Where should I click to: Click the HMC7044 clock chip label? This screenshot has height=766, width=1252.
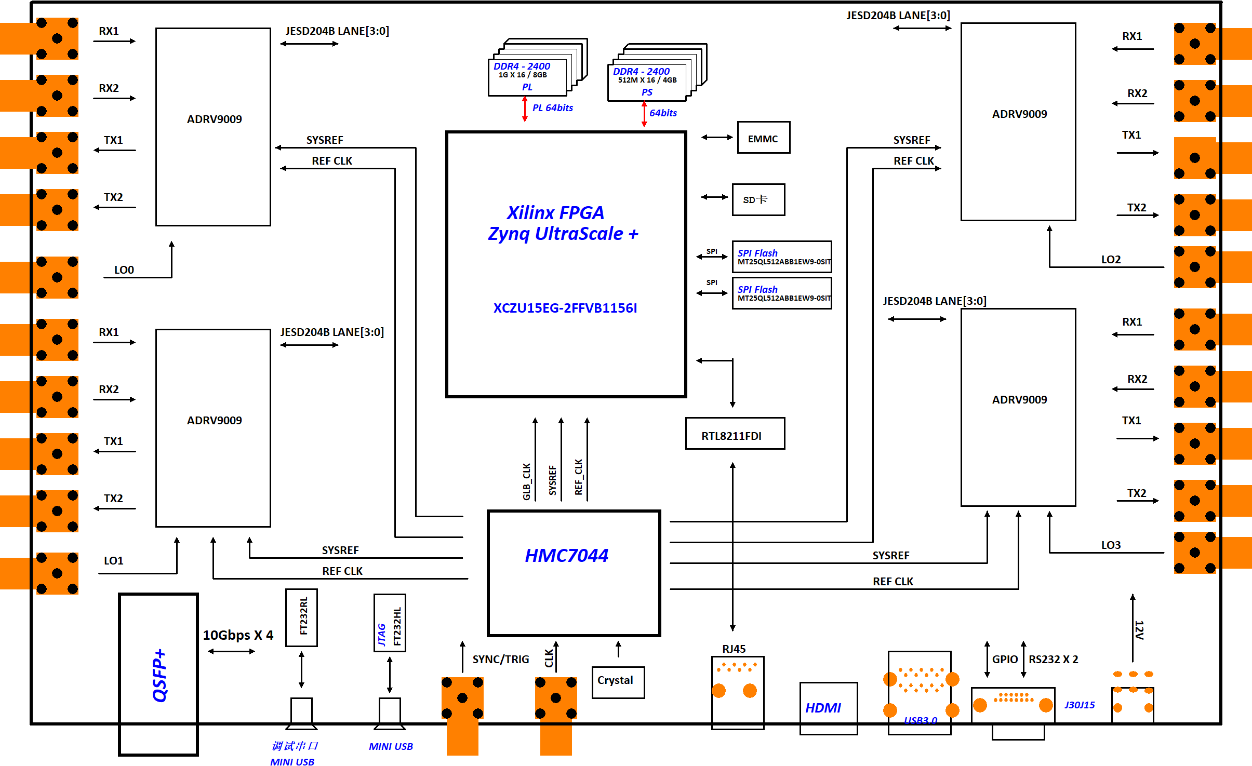pos(566,556)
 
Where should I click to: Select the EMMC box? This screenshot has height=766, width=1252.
pos(763,138)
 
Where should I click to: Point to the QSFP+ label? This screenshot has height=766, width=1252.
pos(159,675)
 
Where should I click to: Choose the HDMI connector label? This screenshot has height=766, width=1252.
pos(823,708)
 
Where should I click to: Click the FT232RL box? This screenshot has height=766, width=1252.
pos(301,617)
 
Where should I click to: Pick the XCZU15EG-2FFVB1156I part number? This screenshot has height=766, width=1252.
pos(565,308)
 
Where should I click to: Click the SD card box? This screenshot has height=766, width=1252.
pos(758,199)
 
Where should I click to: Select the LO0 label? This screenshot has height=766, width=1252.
pos(124,270)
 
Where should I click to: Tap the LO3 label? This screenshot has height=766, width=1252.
pos(1111,545)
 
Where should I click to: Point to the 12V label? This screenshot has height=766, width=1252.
pos(1139,629)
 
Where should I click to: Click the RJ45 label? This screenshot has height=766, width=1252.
pos(734,649)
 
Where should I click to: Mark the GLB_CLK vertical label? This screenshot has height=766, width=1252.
pos(527,481)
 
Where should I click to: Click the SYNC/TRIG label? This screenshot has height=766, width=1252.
pos(500,660)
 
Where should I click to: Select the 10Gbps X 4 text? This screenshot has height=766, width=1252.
pos(238,635)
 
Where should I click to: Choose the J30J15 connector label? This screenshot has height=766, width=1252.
pos(1080,705)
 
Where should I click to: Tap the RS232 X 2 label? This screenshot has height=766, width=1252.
pos(1053,660)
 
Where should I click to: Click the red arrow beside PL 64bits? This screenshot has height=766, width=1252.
pos(525,109)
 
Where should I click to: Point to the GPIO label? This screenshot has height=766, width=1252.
pos(1005,660)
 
